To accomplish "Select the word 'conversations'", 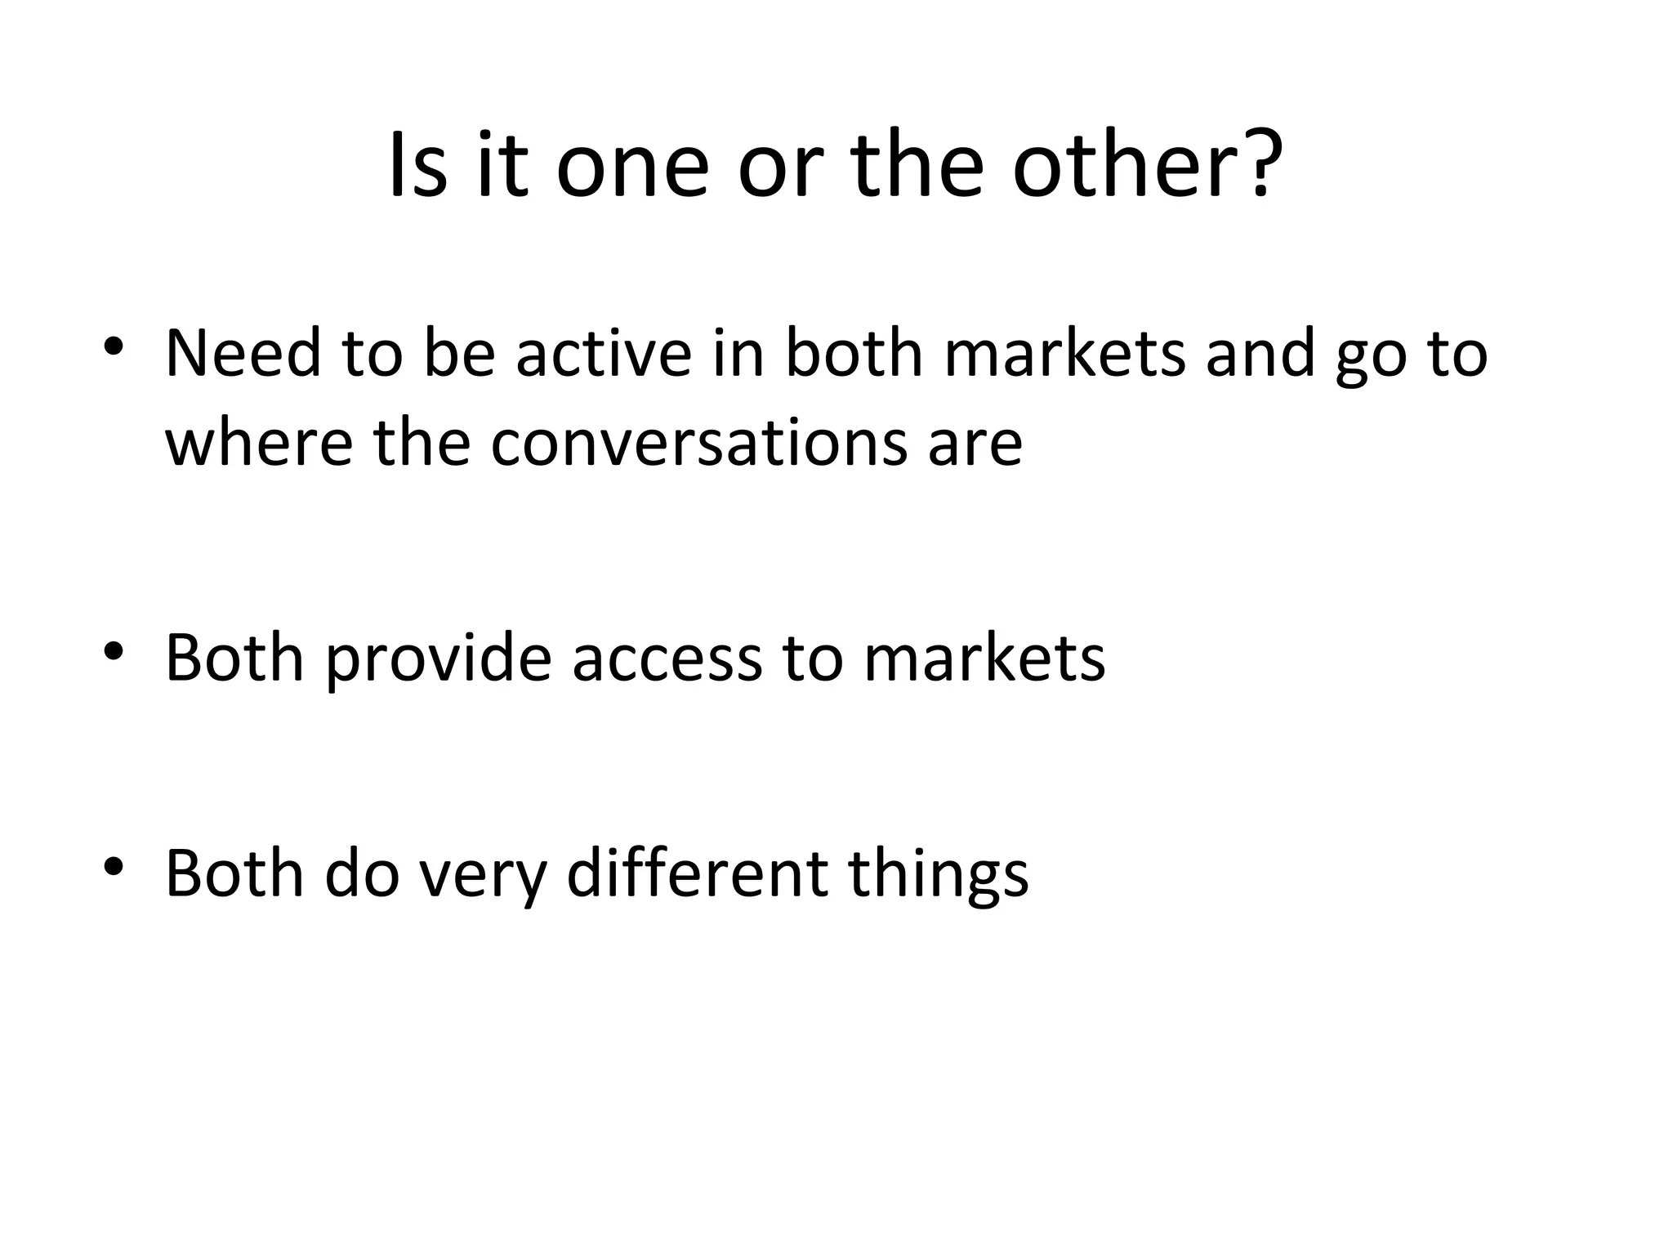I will [698, 444].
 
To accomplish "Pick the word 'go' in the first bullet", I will [1370, 360].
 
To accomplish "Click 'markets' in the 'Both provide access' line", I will [984, 659].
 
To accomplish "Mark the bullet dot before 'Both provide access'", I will [114, 650].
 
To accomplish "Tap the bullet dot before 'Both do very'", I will [114, 865].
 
